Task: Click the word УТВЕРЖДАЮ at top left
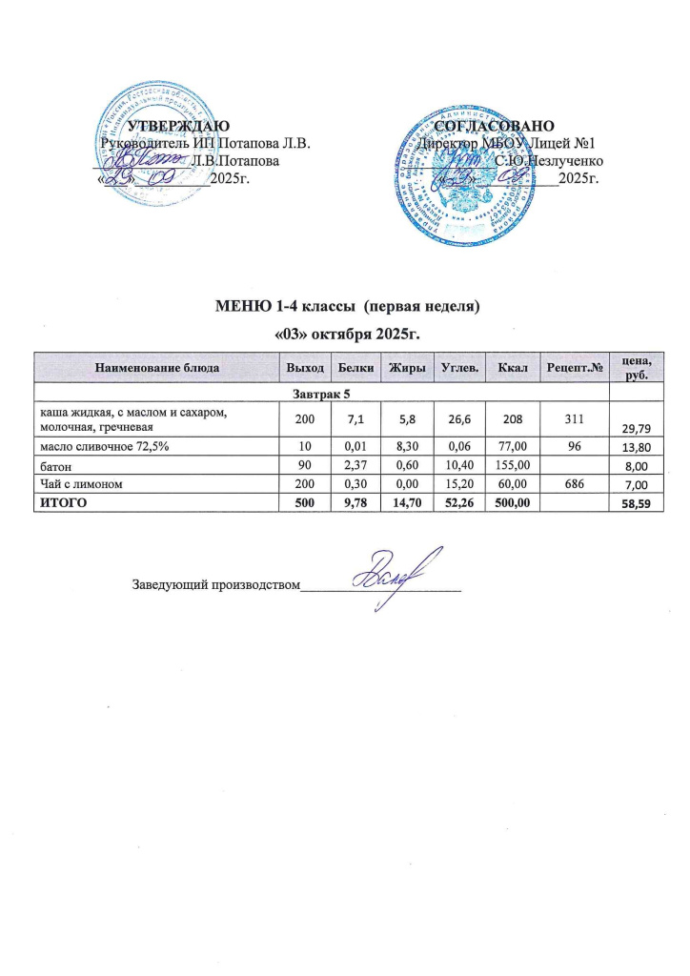point(178,127)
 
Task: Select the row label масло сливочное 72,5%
point(104,447)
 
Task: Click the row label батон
point(52,466)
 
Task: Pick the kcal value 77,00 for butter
point(505,447)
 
